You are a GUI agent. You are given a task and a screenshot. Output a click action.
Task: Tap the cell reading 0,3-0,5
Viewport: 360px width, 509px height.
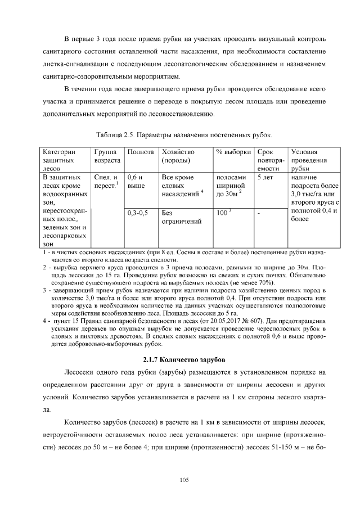(x=138, y=213)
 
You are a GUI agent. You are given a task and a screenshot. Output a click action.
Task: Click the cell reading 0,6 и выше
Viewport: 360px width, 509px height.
(x=136, y=181)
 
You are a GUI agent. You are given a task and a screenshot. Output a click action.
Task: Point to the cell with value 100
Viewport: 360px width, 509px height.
(x=224, y=213)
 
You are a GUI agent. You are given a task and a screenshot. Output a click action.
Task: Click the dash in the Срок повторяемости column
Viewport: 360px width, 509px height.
(x=259, y=213)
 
